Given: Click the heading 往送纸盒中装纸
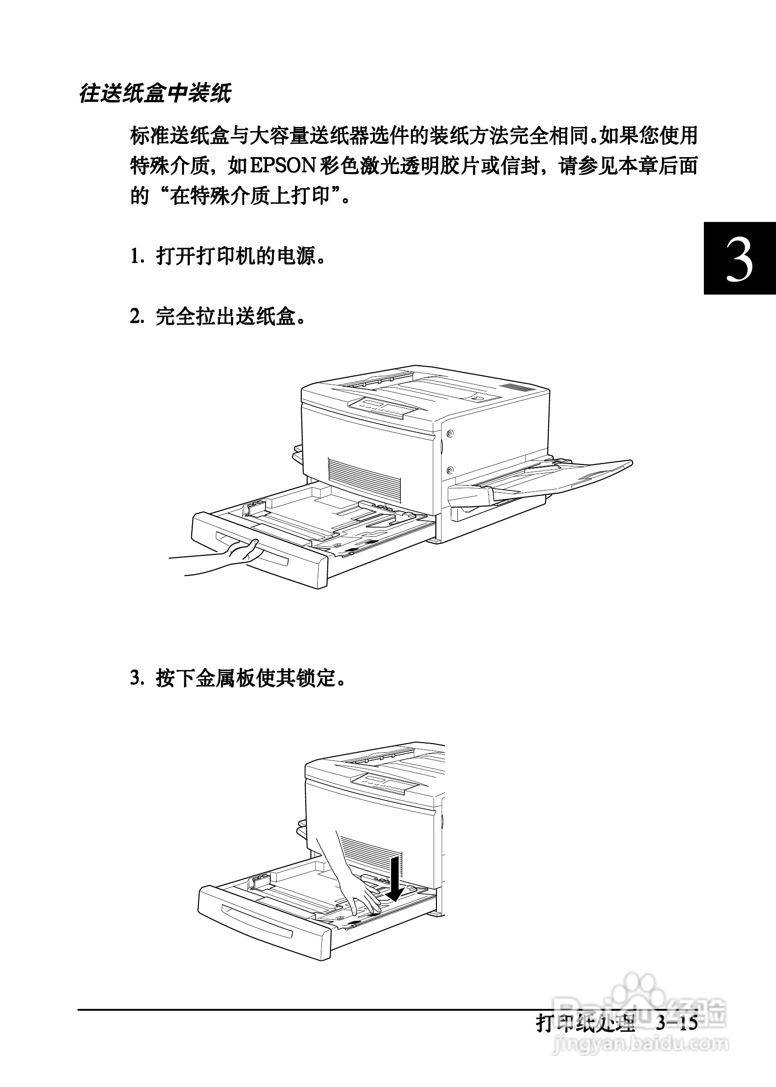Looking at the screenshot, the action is (x=155, y=93).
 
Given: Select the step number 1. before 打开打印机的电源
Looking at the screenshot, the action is (x=136, y=257).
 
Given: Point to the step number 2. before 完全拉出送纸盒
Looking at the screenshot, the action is (x=136, y=317).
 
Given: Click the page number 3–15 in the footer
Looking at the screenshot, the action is (x=676, y=1024).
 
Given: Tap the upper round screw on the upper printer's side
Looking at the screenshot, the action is (x=449, y=434).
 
